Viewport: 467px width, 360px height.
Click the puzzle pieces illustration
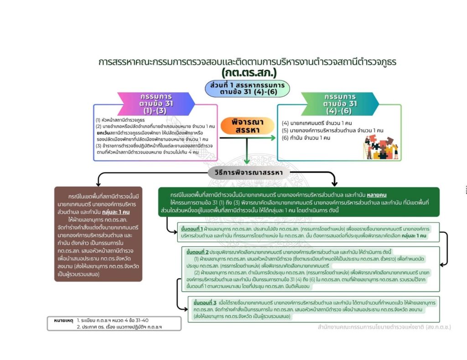click(x=379, y=146)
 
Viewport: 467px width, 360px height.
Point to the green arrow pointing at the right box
click(x=271, y=137)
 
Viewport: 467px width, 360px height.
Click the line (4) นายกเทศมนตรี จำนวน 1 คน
click(x=317, y=123)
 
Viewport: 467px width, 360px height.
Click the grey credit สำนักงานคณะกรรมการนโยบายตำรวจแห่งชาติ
click(x=384, y=327)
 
